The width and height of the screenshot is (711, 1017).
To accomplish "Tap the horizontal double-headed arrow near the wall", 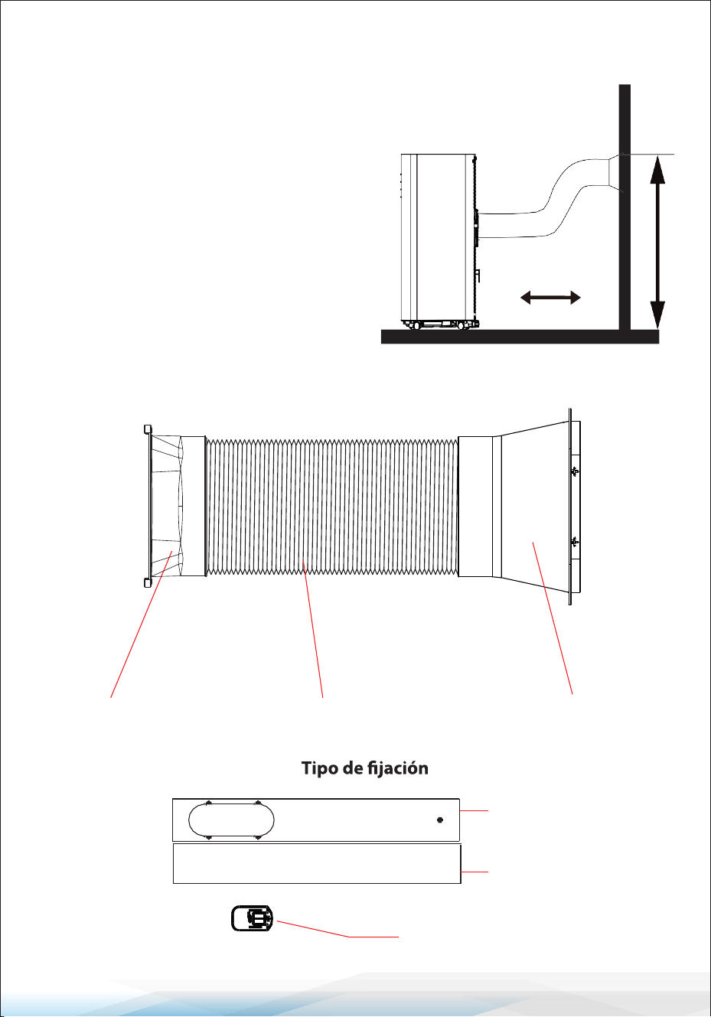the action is click(550, 298).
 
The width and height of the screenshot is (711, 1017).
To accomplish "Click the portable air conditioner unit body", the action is click(439, 237).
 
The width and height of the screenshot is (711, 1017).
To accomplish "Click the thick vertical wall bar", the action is click(625, 207).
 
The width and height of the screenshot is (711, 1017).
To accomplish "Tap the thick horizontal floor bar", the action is click(520, 337).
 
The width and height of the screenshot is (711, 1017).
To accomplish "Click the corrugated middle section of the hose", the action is click(331, 507).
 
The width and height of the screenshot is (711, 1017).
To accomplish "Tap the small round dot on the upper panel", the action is click(439, 820).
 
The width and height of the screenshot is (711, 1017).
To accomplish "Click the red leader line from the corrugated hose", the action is click(313, 628).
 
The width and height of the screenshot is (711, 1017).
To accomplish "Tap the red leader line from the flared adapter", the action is click(553, 618).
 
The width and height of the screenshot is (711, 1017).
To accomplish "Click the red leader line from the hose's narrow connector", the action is click(141, 624).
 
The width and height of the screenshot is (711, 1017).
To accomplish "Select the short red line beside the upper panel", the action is click(474, 810).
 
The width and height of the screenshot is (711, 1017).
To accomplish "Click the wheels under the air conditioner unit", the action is click(439, 325).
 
